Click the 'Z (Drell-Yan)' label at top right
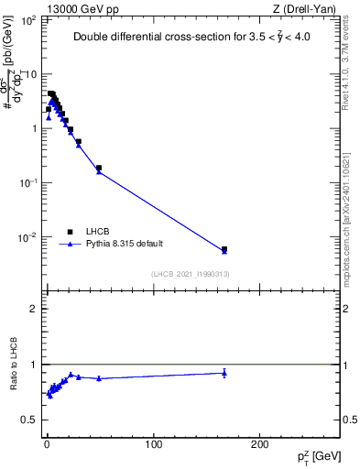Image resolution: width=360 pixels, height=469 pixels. (306, 9)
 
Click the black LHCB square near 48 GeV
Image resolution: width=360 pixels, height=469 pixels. (99, 168)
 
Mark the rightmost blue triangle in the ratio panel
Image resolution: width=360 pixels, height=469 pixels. (224, 373)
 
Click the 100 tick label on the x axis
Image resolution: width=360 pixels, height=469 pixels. (153, 443)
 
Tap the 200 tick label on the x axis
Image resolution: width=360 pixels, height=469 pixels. (260, 443)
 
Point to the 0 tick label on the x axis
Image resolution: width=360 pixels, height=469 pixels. (46, 443)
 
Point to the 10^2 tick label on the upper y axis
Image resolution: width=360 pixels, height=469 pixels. (29, 19)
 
